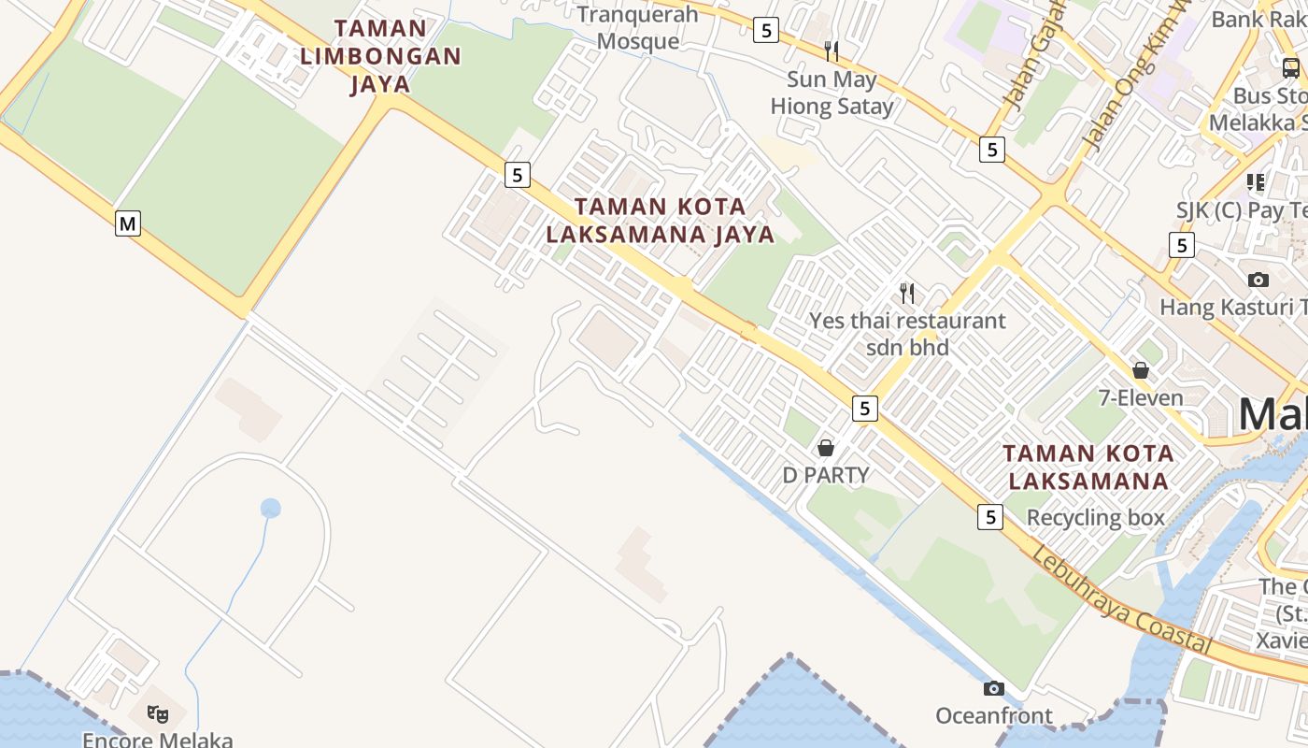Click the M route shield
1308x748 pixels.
point(128,223)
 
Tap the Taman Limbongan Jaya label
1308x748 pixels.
point(380,56)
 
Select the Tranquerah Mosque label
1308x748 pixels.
point(638,28)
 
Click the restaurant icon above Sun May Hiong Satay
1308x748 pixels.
point(832,50)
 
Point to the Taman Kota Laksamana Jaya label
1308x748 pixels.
point(661,220)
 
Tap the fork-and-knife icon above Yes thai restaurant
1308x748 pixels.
point(907,294)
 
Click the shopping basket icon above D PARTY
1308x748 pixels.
point(826,448)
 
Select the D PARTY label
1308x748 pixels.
point(826,475)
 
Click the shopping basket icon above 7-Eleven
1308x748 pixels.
point(1141,370)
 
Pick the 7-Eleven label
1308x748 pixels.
point(1141,397)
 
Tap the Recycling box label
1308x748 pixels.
point(1096,517)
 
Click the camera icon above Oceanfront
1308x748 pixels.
point(994,689)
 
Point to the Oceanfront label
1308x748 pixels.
point(994,716)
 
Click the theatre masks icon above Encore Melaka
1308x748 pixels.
point(158,714)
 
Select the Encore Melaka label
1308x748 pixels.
point(158,740)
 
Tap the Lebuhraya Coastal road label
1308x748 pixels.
point(1121,602)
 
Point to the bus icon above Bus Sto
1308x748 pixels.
point(1291,67)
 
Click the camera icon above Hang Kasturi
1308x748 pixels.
point(1258,280)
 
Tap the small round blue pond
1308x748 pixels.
point(271,509)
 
